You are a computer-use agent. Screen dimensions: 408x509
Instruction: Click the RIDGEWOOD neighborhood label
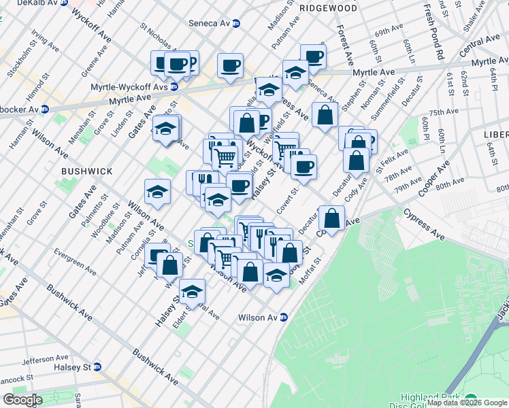(328, 8)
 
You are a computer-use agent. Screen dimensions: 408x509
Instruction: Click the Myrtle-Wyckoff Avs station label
(129, 87)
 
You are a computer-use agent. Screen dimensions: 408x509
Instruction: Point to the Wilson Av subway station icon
(283, 318)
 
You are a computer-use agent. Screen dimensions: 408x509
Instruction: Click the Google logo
(22, 399)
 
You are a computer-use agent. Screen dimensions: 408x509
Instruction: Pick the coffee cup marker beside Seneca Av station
(231, 66)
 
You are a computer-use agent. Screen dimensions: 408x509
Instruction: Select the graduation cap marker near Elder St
(193, 292)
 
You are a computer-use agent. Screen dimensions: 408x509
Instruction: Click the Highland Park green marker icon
(471, 401)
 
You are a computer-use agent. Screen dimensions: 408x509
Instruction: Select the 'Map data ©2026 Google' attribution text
(467, 403)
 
